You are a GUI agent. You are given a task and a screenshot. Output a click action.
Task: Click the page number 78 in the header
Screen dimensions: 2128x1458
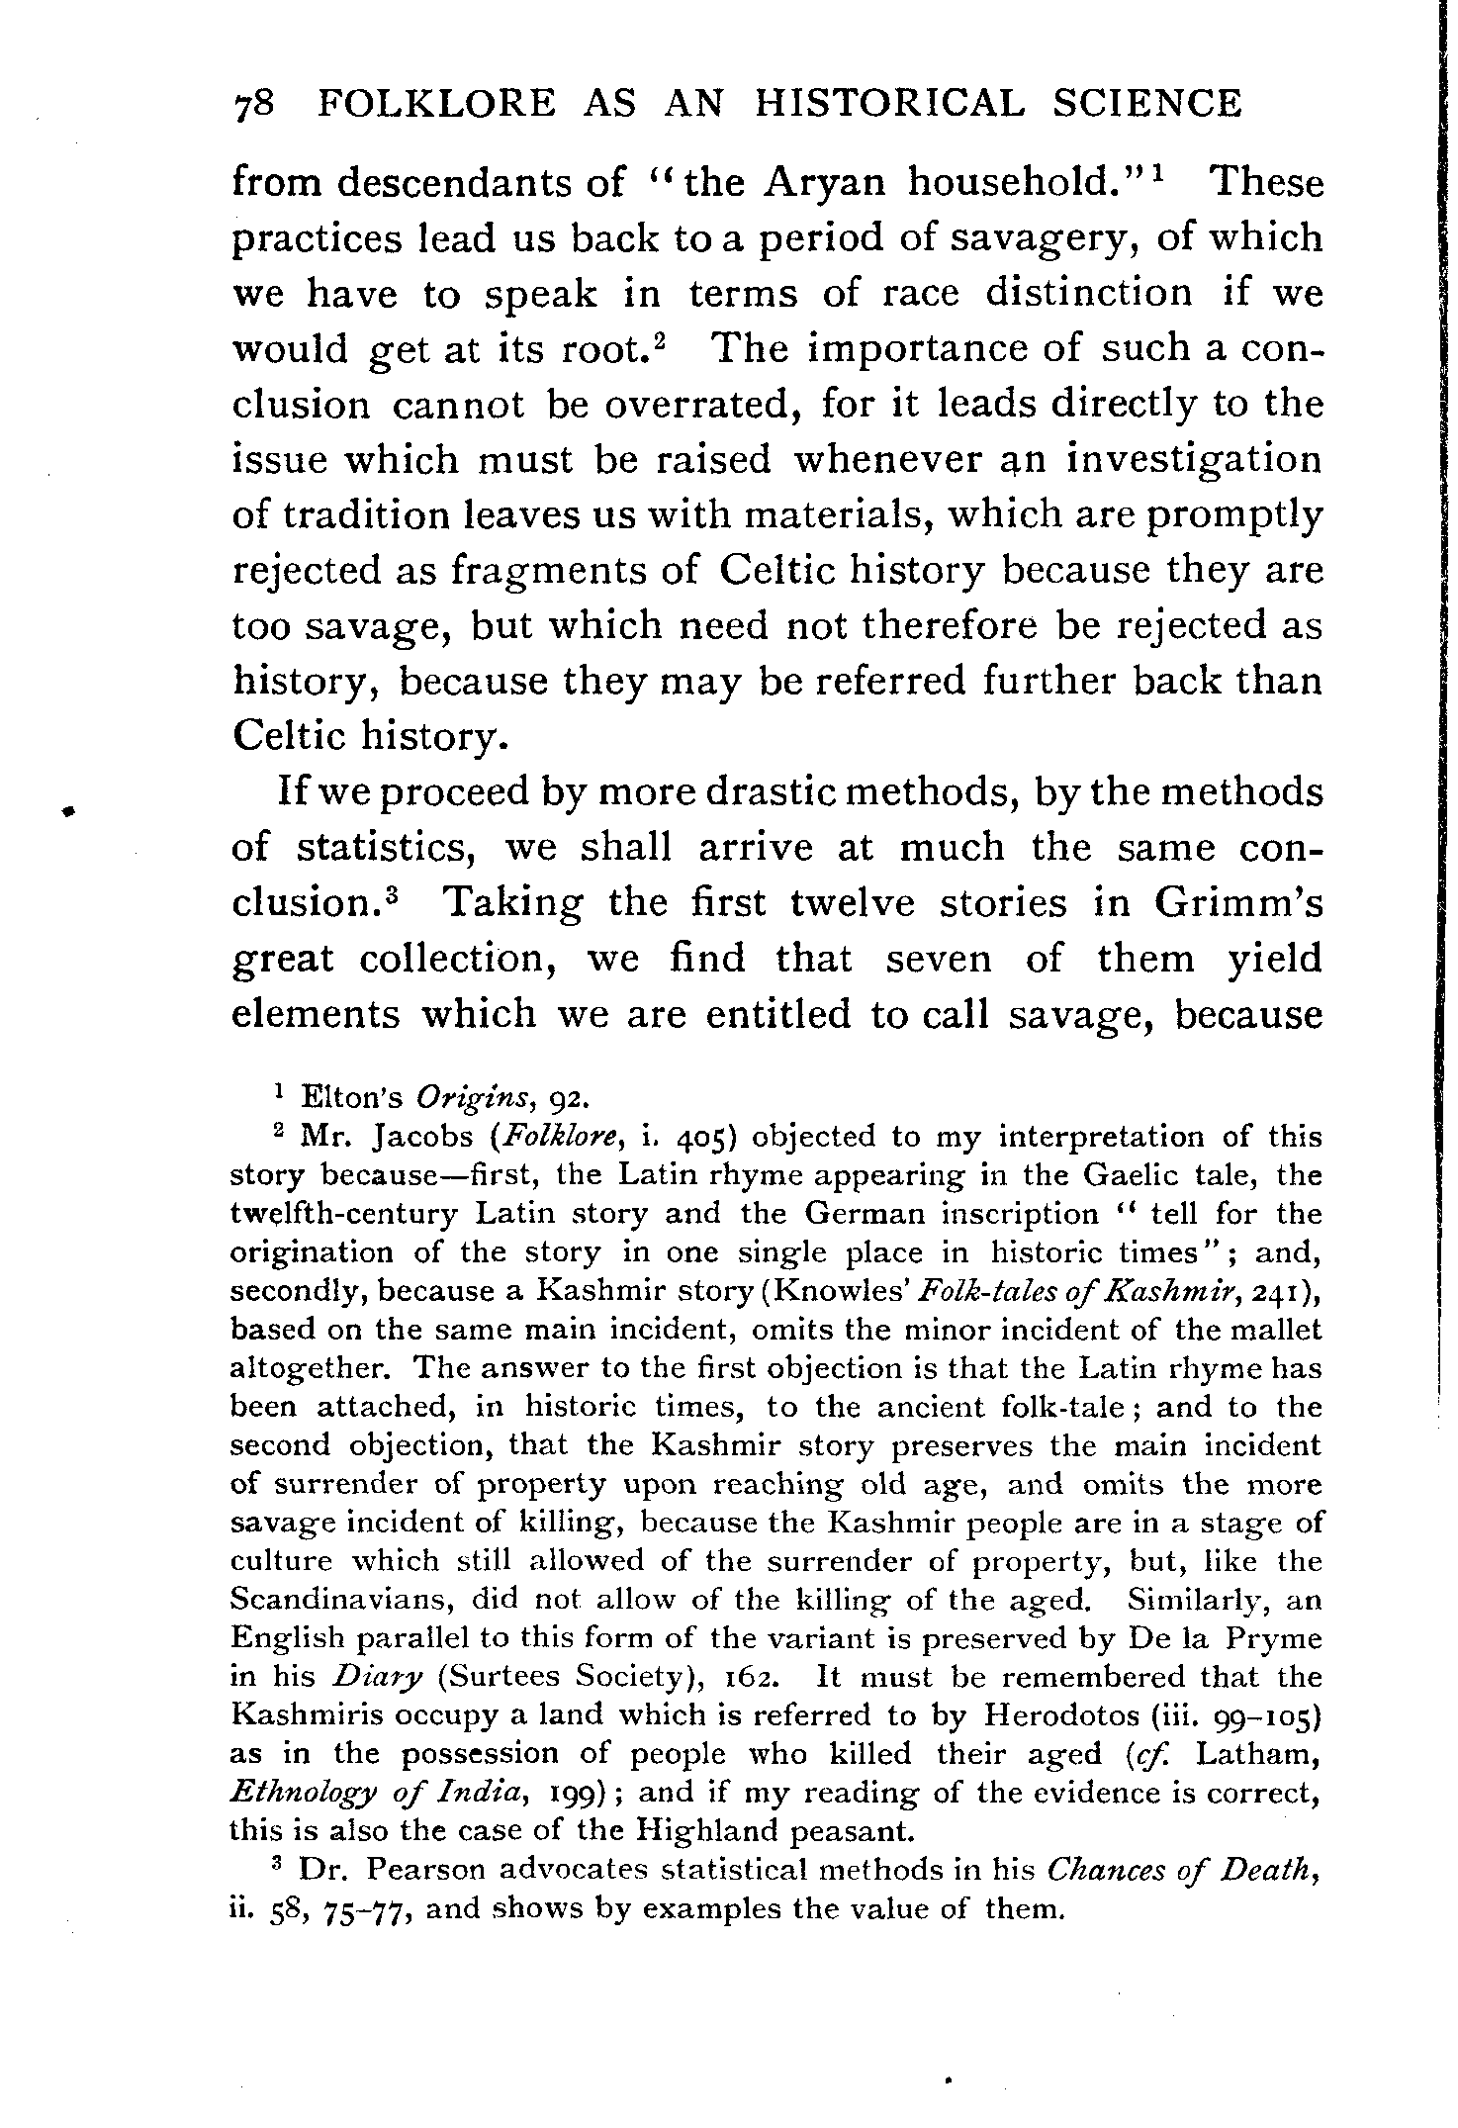pyautogui.click(x=258, y=104)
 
